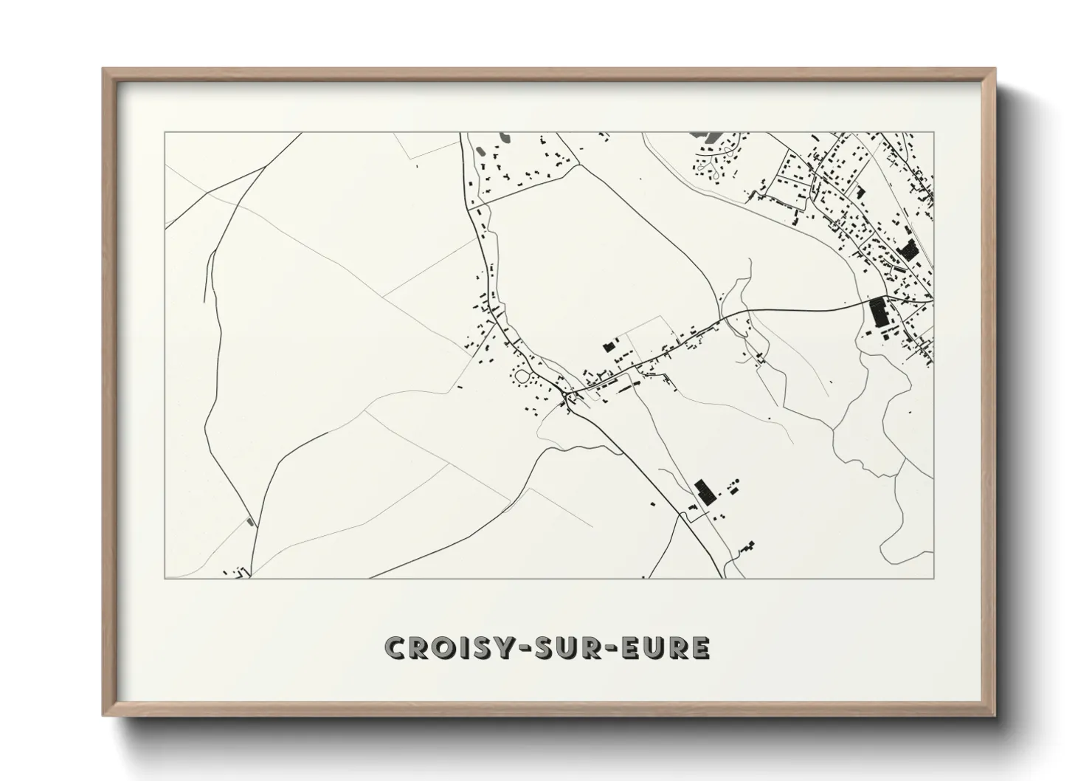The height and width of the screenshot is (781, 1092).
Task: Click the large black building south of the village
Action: click(x=704, y=491)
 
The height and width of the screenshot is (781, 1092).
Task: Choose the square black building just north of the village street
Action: click(x=609, y=345)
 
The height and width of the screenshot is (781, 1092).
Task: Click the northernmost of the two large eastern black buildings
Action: click(x=909, y=249)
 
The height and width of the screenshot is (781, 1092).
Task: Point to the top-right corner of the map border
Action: click(x=933, y=133)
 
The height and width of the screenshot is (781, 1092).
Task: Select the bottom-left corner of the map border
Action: click(x=165, y=578)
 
